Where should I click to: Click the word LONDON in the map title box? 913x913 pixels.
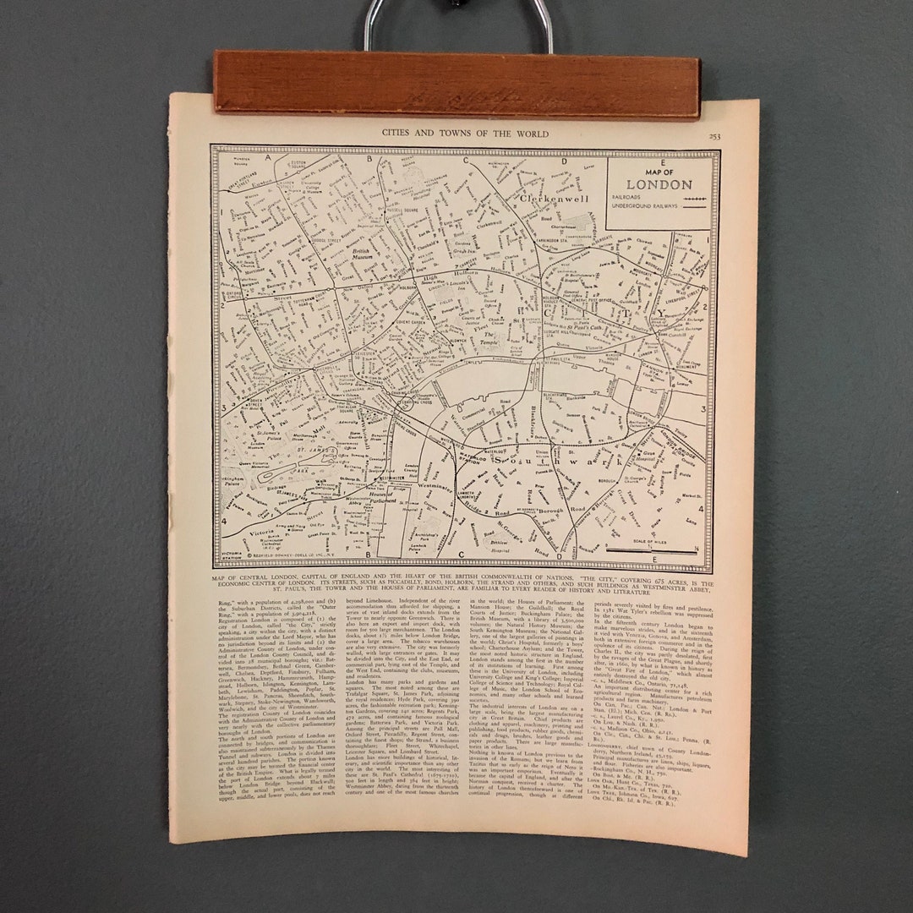(x=659, y=184)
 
